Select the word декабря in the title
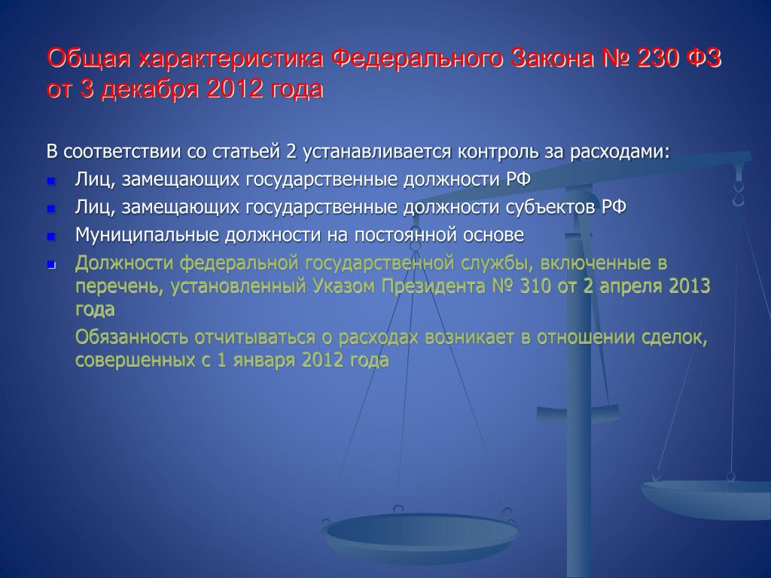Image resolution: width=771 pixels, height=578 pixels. (150, 90)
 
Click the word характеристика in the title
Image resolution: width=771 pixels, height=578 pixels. (230, 59)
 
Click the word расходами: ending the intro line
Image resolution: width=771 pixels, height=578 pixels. (620, 151)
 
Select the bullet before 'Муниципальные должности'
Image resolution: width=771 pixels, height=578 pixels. (51, 237)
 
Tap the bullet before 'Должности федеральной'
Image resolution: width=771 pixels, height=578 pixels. (51, 265)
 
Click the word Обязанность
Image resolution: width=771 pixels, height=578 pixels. (131, 337)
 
